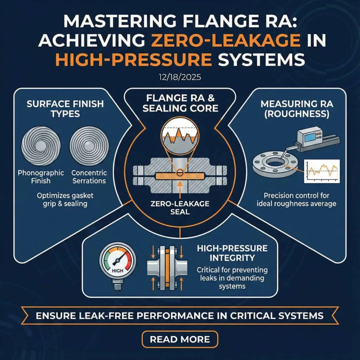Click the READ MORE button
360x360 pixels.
180,339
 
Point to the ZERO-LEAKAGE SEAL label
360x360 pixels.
180,208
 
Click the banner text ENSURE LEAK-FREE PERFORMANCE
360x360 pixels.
180,315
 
